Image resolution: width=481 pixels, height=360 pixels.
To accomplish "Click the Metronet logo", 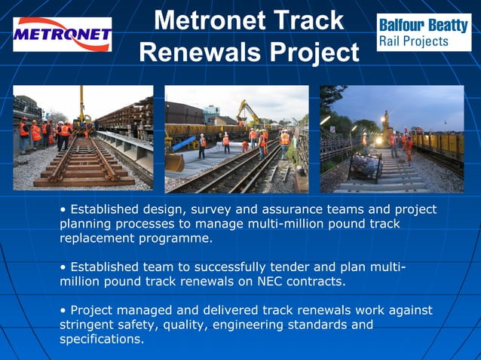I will coord(63,35).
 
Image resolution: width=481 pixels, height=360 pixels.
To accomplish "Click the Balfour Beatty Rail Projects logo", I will coord(423,32).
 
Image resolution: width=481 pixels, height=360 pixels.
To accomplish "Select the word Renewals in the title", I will coord(201,52).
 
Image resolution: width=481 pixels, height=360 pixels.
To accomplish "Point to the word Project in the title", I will coord(314,52).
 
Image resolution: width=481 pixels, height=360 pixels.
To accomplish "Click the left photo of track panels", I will coord(83,137).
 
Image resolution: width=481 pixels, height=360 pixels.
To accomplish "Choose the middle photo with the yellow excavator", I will coord(237,139).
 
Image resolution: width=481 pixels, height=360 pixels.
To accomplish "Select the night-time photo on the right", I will coord(392,139).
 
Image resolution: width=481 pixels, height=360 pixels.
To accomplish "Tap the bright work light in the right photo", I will coord(379,140).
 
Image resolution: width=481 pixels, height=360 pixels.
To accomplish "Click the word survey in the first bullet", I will coord(216,209).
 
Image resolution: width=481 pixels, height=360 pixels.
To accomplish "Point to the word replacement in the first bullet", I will coord(98,239).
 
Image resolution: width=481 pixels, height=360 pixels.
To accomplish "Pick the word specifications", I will coord(100,340).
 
